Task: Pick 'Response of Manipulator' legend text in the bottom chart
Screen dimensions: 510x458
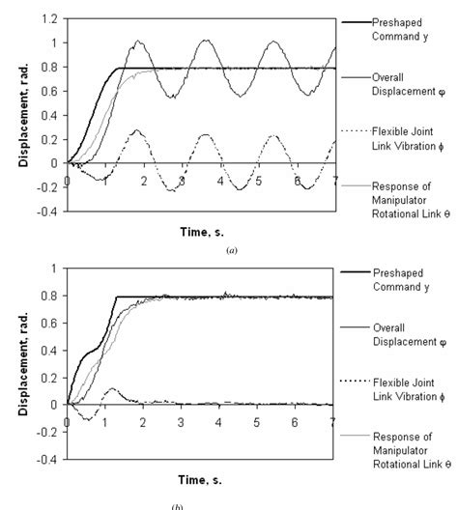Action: (x=406, y=462)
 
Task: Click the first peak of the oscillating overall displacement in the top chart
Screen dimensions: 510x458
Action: (x=138, y=42)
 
